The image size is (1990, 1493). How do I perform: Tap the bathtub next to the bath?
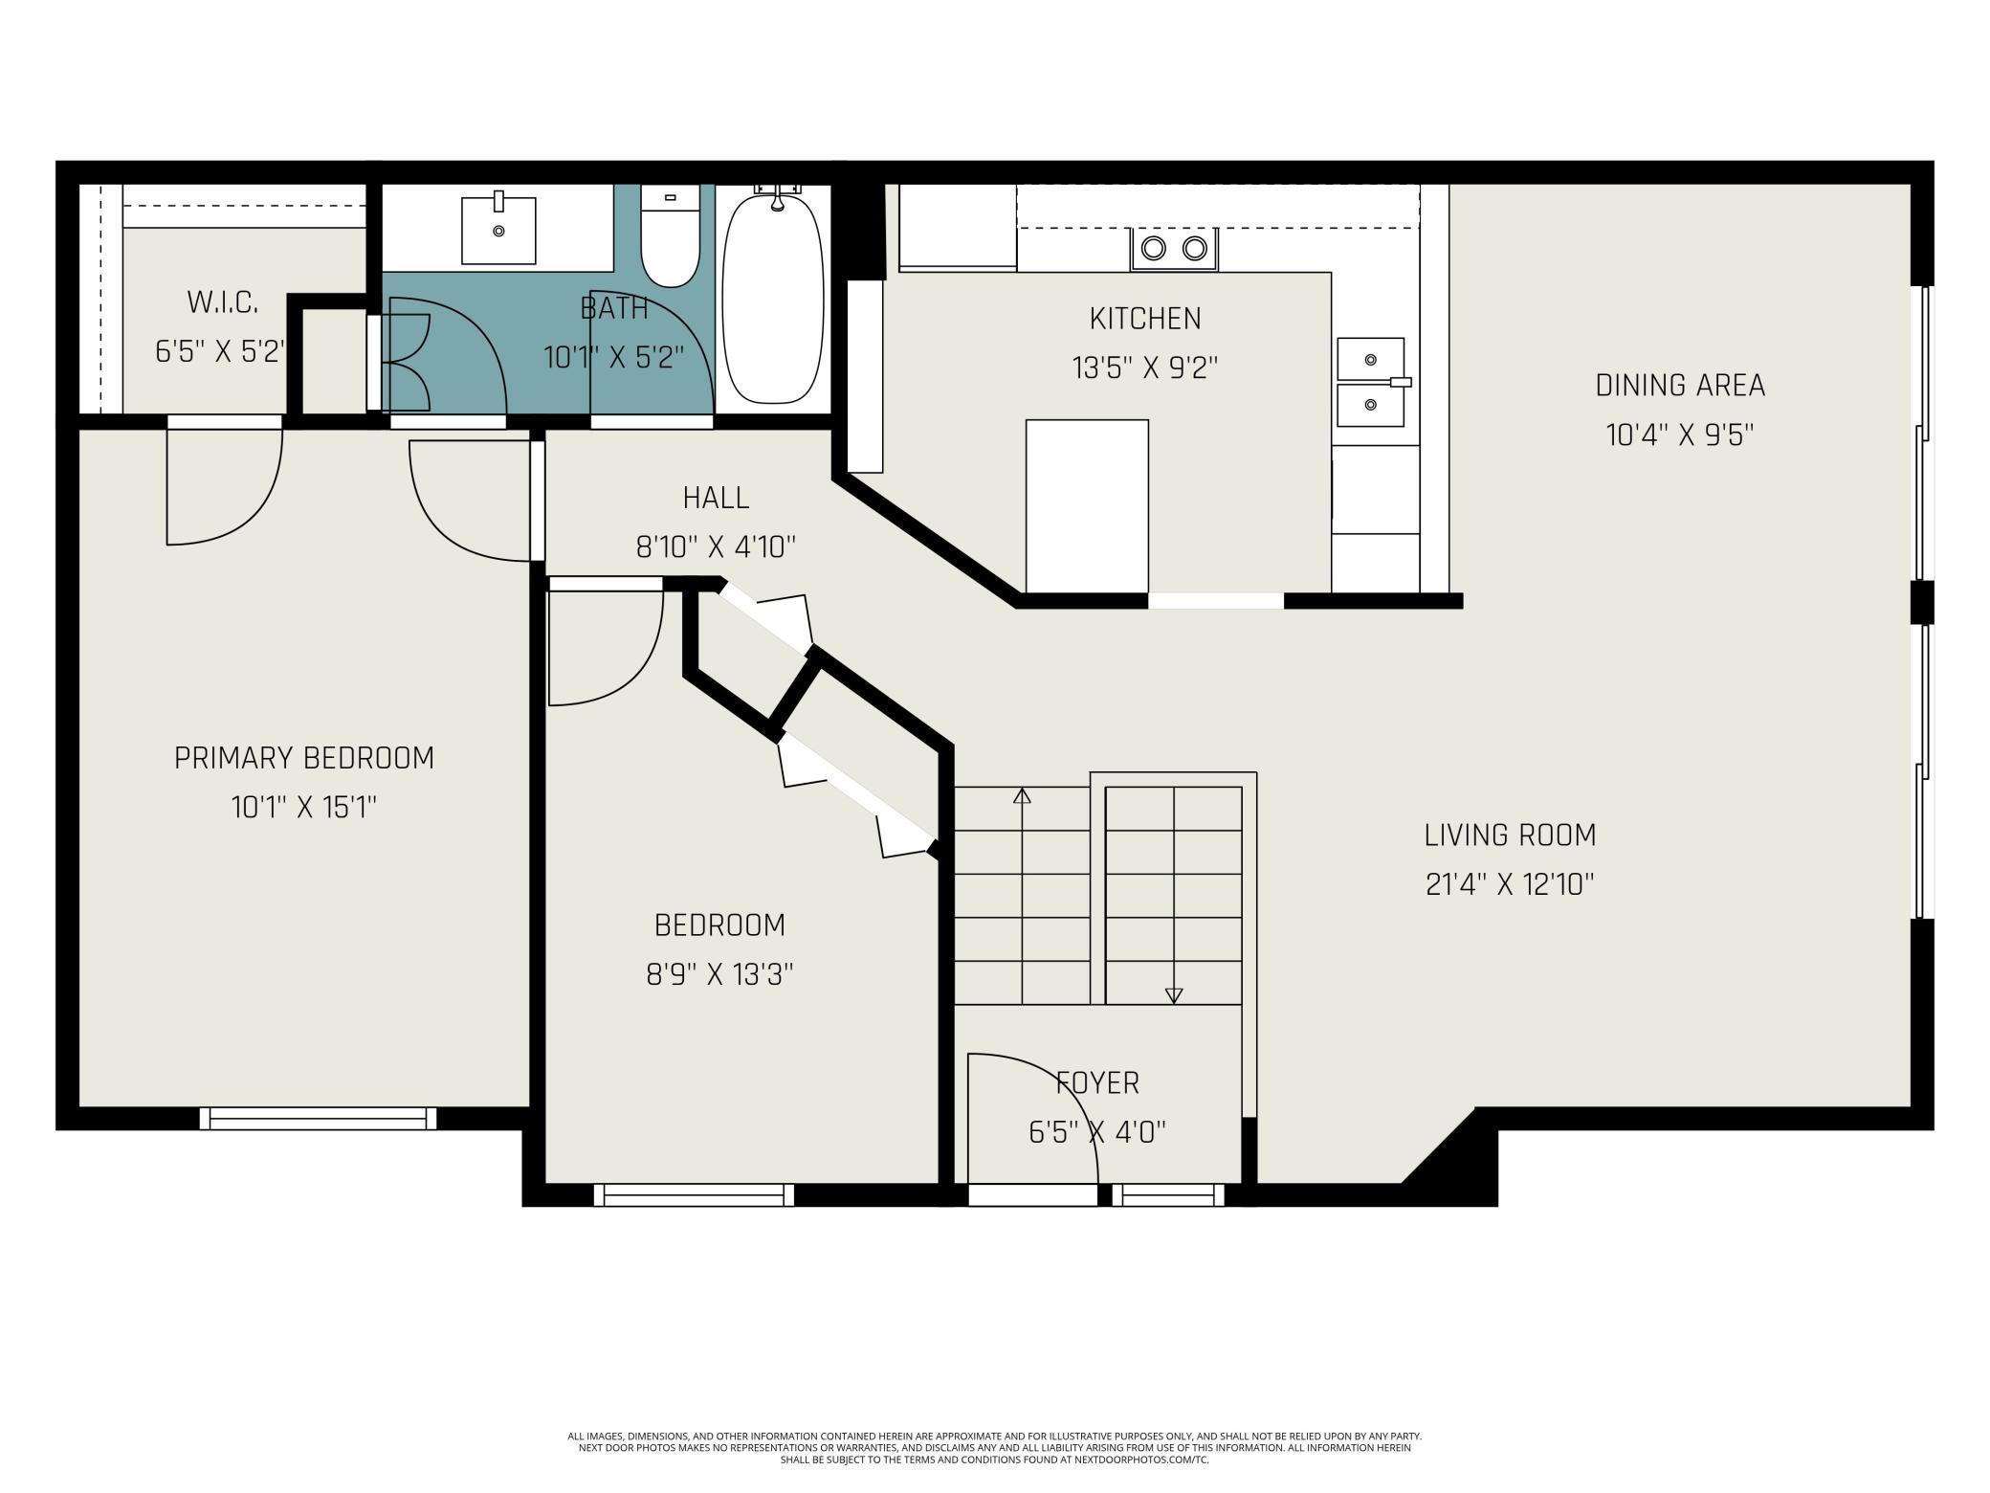[773, 299]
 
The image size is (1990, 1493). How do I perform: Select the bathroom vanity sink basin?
[498, 230]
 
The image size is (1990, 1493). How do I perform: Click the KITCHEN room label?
[1145, 318]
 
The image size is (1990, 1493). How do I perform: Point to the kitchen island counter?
[1087, 506]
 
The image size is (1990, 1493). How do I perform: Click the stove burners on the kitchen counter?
[1174, 249]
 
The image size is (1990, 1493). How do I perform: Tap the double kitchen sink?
[1371, 382]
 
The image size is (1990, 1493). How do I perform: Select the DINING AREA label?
[1680, 385]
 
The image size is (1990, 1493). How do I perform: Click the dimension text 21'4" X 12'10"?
[1510, 884]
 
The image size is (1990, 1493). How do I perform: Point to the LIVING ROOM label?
[1510, 835]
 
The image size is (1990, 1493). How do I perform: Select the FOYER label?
[1097, 1083]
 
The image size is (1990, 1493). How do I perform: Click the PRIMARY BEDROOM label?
[304, 758]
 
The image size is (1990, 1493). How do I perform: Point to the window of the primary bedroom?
[318, 1118]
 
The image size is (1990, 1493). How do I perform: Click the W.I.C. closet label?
[222, 302]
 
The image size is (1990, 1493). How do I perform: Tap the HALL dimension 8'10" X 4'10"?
[716, 547]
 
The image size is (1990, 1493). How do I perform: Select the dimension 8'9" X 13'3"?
[719, 975]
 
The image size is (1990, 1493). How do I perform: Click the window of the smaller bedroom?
[694, 1194]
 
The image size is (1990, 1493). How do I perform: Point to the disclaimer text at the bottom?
[995, 1448]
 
